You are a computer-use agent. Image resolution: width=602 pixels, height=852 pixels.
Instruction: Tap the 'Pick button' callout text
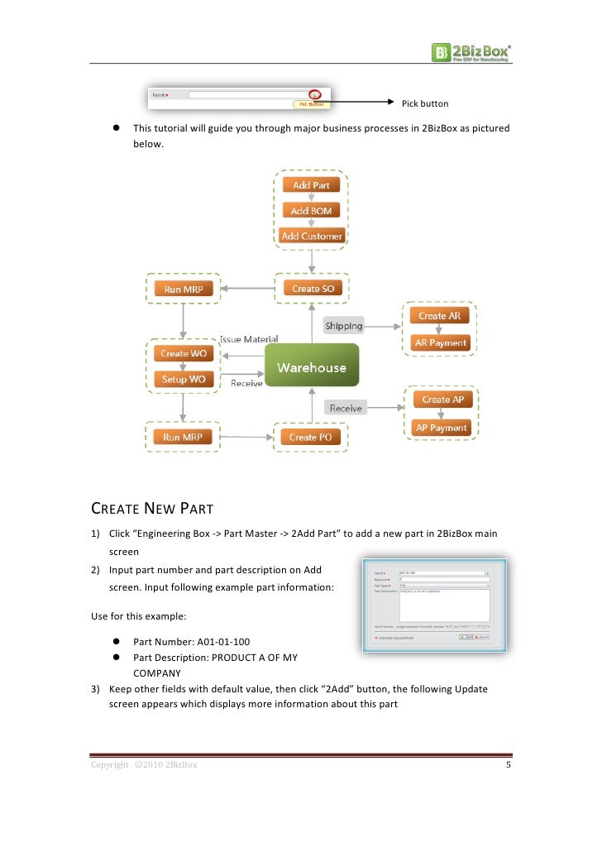pos(424,104)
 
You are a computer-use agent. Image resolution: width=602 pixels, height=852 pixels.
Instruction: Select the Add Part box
pos(311,185)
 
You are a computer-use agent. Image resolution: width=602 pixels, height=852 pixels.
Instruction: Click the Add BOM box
pos(311,211)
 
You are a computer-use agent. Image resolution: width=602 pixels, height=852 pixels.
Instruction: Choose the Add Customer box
pos(311,236)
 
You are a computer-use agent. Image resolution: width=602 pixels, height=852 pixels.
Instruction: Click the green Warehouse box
pos(312,367)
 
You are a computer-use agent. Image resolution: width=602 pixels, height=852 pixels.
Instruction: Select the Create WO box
pos(184,353)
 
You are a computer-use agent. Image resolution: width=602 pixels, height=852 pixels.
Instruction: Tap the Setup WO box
pos(184,379)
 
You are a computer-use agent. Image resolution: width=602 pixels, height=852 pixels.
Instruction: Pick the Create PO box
pos(311,437)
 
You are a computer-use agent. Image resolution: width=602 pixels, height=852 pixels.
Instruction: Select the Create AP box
pos(442,400)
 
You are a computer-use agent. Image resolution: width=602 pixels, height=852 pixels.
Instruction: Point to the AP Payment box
pos(442,428)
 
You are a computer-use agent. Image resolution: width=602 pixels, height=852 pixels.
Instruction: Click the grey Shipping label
pos(343,326)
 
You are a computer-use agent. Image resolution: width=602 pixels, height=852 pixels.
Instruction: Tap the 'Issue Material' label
pos(248,339)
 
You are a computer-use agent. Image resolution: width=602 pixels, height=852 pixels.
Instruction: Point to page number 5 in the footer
pos(509,765)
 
